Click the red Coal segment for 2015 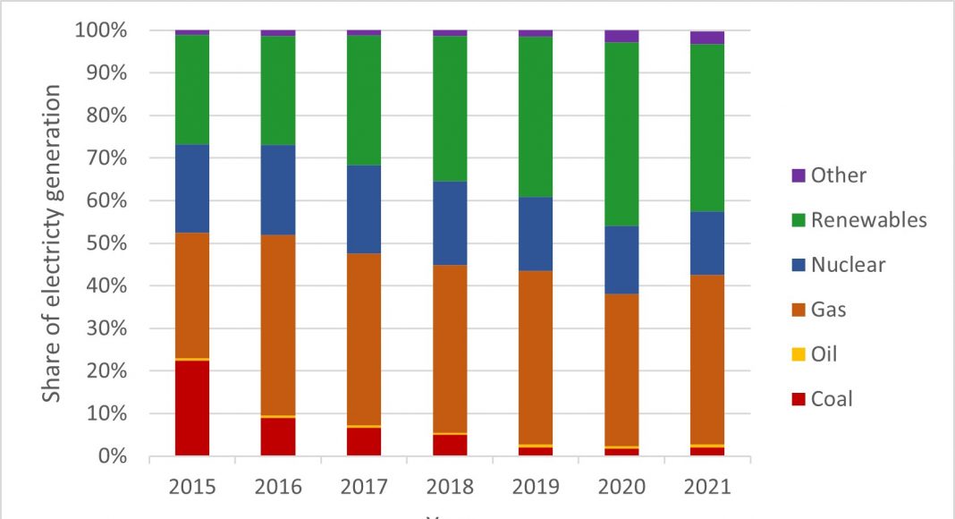[192, 408]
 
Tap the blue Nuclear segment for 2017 [364, 209]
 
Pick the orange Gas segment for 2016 [278, 325]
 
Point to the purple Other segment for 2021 [707, 38]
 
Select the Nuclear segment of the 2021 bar [707, 243]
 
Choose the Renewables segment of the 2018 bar [450, 108]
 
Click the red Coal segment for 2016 [278, 437]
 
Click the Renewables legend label [868, 220]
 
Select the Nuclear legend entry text [848, 265]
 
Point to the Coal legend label [832, 399]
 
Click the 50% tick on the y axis [134, 243]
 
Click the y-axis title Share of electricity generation [54, 243]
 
